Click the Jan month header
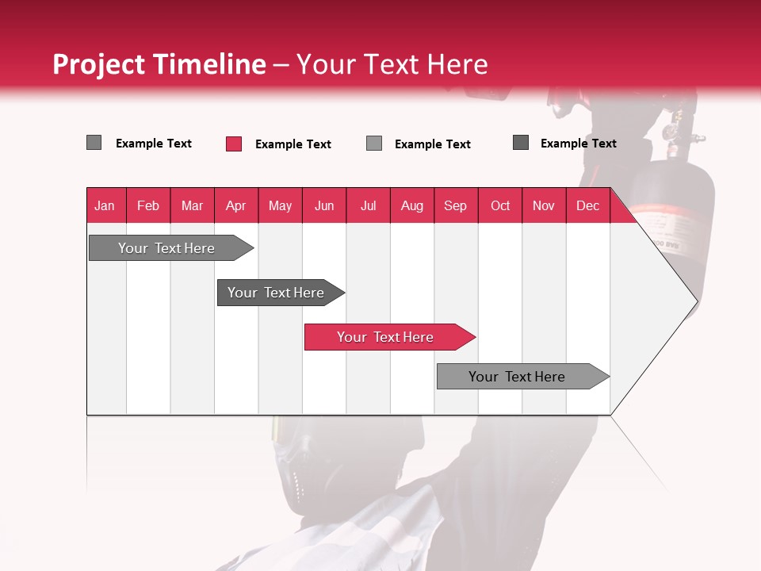(105, 205)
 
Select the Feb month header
(148, 205)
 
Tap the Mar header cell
(192, 205)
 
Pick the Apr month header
(236, 205)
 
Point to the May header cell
(280, 205)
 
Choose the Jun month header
(324, 205)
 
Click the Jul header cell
(368, 205)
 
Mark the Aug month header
(412, 205)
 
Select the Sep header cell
(456, 205)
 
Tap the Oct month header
(500, 205)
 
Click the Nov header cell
(544, 205)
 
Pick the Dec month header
(588, 205)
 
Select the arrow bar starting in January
(167, 248)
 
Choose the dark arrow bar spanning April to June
(277, 293)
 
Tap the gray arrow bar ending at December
(518, 377)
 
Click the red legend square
(234, 144)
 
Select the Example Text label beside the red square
(293, 144)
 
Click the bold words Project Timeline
(159, 64)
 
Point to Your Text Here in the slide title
(392, 64)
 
